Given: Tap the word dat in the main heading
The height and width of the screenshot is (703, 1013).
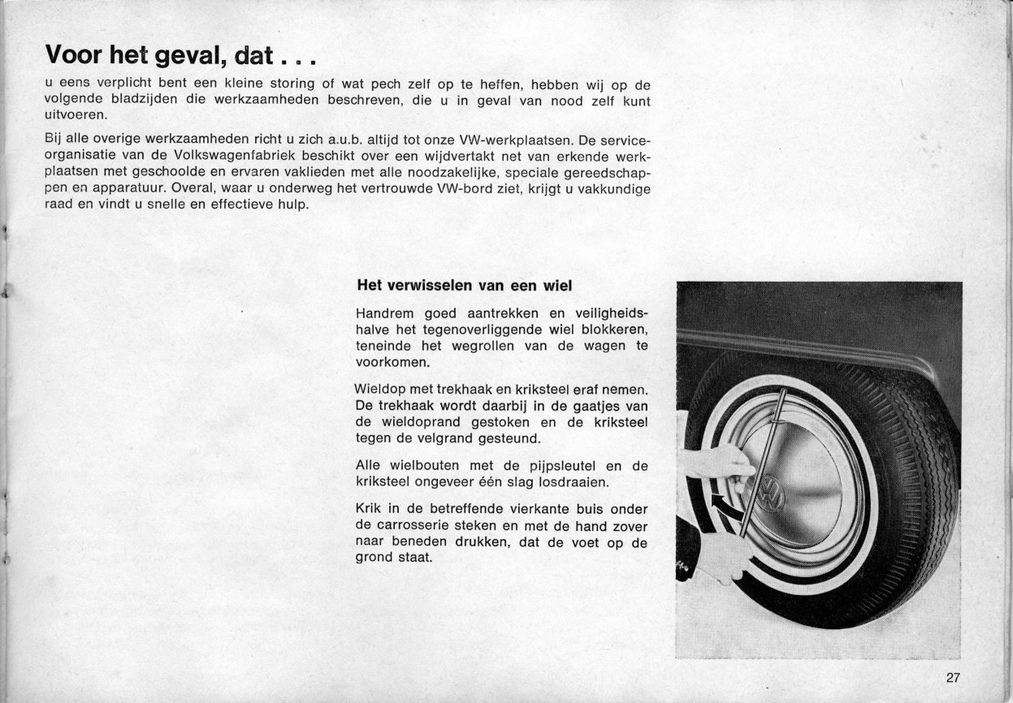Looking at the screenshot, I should [256, 55].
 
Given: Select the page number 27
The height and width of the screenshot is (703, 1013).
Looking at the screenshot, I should [953, 679].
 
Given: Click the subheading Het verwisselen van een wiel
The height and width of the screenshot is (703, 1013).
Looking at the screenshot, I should [465, 286].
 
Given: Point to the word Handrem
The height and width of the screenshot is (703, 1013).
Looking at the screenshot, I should [384, 314].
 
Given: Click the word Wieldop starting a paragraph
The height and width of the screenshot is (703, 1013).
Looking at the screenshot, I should [381, 390].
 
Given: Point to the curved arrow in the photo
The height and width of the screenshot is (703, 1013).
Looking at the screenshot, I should [722, 508].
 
